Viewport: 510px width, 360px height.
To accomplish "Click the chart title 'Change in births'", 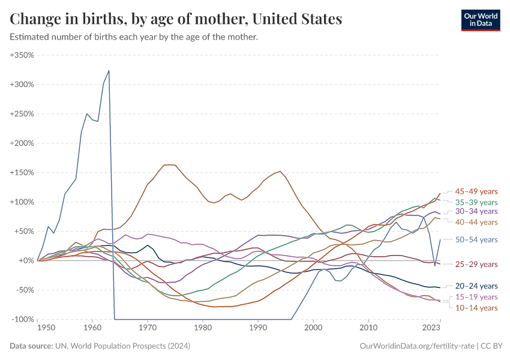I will pos(176,19).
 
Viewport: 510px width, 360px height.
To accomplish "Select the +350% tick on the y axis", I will pos(22,55).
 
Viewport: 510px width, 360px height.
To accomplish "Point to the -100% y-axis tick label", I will pos(23,319).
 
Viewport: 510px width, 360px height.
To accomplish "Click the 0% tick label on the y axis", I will pos(28,260).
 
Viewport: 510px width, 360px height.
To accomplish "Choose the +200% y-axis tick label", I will pos(22,143).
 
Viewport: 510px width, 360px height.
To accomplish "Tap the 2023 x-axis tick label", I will pos(431,328).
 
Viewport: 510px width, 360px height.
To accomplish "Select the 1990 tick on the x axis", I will pos(258,328).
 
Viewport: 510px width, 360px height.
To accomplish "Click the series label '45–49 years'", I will pos(476,191).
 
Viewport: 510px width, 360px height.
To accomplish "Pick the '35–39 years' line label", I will pos(476,202).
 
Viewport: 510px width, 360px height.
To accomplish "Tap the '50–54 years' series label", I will pos(476,239).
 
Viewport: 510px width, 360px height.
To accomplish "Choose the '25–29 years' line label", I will pos(476,265).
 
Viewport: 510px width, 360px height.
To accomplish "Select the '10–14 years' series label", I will pos(476,308).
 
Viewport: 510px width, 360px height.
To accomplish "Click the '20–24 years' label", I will pos(476,286).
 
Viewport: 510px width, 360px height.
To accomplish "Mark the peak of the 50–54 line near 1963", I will pos(109,70).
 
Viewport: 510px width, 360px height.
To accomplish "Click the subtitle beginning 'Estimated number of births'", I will pos(134,37).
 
